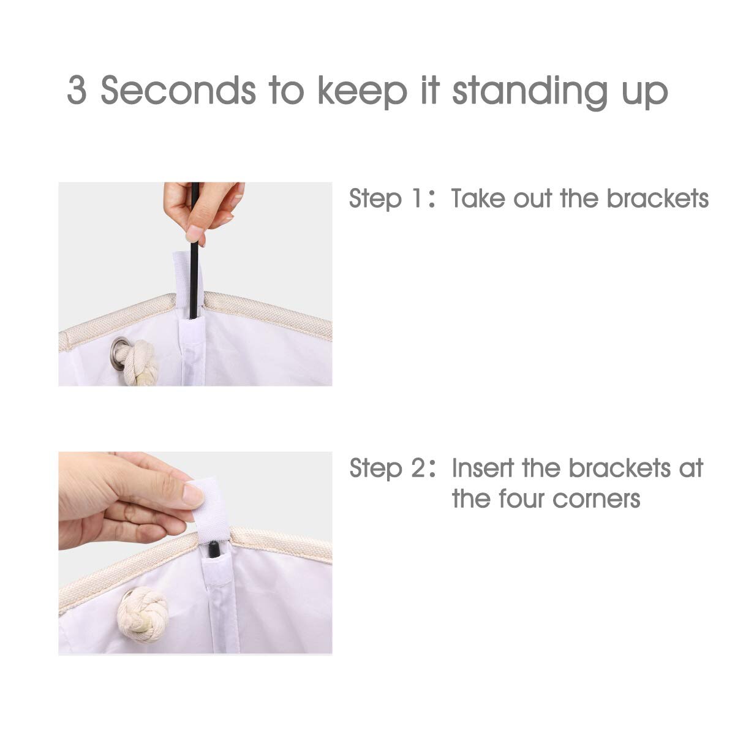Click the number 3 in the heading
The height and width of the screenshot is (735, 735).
[x=77, y=90]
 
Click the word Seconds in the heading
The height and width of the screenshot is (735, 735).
[x=178, y=90]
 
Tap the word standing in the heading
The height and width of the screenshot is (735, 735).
[x=530, y=92]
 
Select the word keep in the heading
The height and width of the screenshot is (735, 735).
[x=363, y=92]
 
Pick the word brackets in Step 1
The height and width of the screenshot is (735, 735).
[x=658, y=198]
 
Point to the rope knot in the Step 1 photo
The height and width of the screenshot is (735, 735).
[x=141, y=363]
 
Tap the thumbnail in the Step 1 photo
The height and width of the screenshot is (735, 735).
[x=195, y=233]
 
